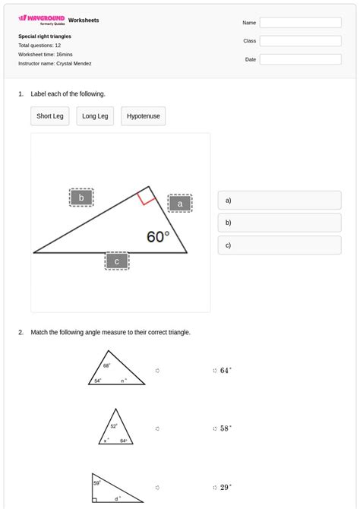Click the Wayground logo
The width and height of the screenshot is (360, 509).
[x=42, y=20]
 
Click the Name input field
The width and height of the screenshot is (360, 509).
[x=300, y=23]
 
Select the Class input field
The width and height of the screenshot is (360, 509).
[x=300, y=41]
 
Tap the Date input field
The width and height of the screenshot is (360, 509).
[x=300, y=59]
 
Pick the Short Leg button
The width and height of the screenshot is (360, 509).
[x=50, y=116]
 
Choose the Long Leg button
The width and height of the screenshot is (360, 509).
[x=95, y=116]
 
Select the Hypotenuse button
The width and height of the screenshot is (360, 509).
[x=143, y=116]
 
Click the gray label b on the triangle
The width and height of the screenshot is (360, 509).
[x=81, y=198]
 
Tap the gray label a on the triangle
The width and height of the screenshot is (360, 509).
[x=180, y=204]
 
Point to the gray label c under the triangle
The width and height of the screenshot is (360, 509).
[x=117, y=261]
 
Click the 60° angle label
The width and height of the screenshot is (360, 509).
[x=158, y=237]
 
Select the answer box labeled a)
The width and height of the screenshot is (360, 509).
[x=279, y=201]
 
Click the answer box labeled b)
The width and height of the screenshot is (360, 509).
[x=279, y=223]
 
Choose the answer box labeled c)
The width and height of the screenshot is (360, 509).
[x=279, y=245]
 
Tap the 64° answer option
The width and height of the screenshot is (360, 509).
[x=225, y=371]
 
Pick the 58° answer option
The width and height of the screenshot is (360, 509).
[x=225, y=428]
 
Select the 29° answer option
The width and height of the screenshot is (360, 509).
[x=225, y=487]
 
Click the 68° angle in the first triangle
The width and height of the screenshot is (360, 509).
[x=107, y=365]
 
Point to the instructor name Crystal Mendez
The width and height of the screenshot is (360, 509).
[x=74, y=64]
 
